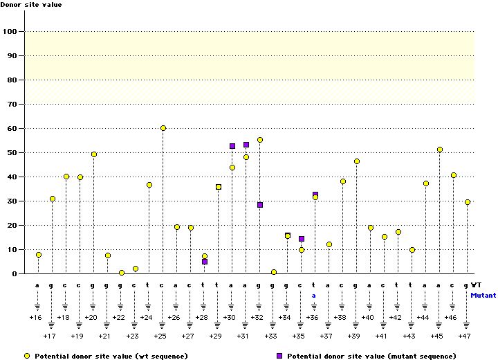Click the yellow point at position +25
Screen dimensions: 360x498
(x=163, y=128)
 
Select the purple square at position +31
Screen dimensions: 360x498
(x=246, y=145)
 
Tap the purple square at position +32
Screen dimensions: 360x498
(x=260, y=205)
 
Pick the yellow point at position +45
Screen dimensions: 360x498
(x=440, y=150)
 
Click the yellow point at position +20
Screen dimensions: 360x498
(x=94, y=154)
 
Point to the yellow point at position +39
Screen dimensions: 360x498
(x=357, y=161)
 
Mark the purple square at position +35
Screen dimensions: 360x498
(x=302, y=239)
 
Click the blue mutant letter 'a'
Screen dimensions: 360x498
(x=313, y=295)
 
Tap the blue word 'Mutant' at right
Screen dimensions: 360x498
(x=483, y=295)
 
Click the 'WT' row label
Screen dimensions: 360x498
(x=477, y=284)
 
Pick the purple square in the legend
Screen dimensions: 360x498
(x=279, y=355)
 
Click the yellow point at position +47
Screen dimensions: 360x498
(x=468, y=202)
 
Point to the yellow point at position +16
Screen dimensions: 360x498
(x=39, y=255)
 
